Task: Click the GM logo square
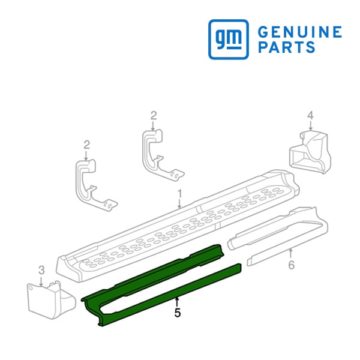229,39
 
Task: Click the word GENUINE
300,32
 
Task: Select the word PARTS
287,47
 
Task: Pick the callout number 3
41,270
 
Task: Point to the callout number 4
310,115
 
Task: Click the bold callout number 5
177,313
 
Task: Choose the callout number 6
292,265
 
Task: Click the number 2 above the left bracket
86,145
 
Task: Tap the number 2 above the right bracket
154,115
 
